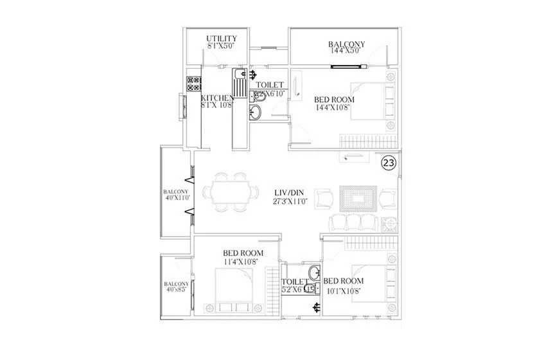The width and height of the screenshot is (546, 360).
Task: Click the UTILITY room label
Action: point(222,39)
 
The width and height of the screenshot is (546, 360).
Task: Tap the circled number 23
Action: point(388,163)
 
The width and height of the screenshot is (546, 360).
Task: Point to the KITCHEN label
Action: point(218,98)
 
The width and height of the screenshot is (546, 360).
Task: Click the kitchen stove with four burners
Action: point(193,83)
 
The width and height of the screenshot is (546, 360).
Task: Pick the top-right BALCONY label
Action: point(346,44)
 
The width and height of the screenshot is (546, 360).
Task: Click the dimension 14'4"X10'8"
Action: point(334,108)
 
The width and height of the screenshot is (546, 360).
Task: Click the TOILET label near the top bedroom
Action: point(270,84)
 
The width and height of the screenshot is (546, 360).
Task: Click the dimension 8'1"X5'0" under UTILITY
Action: point(222,47)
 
